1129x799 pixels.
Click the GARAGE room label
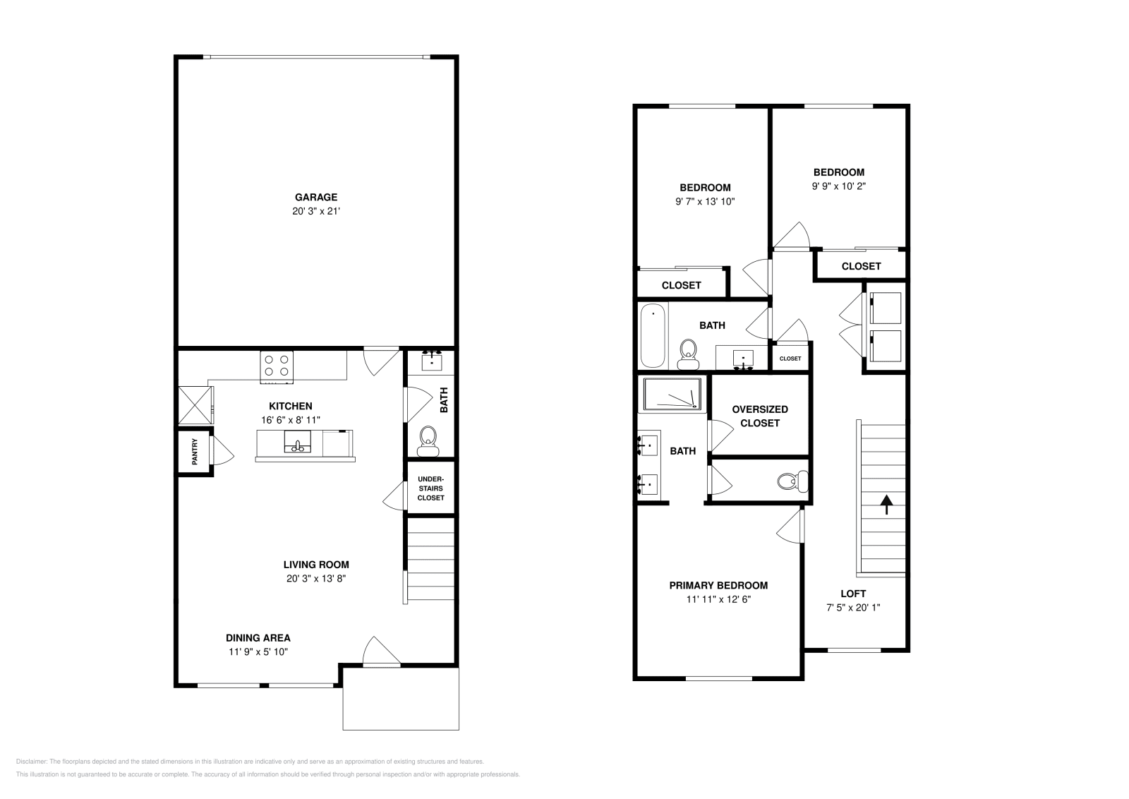pyautogui.click(x=315, y=197)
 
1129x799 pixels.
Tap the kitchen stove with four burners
pyautogui.click(x=277, y=366)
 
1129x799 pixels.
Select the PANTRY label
pyautogui.click(x=195, y=452)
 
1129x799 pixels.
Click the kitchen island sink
pyautogui.click(x=298, y=445)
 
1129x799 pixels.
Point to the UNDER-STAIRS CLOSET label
pyautogui.click(x=430, y=488)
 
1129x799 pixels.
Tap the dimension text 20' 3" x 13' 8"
pyautogui.click(x=315, y=578)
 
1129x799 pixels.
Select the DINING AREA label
pyautogui.click(x=258, y=637)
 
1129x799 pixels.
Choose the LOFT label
pyautogui.click(x=853, y=594)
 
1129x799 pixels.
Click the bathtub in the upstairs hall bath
pyautogui.click(x=653, y=335)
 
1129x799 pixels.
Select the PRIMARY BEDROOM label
pyautogui.click(x=718, y=585)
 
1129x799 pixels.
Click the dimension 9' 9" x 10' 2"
pyautogui.click(x=838, y=186)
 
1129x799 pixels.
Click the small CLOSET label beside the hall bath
pyautogui.click(x=790, y=359)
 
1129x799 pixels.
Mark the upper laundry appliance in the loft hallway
pyautogui.click(x=885, y=307)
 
